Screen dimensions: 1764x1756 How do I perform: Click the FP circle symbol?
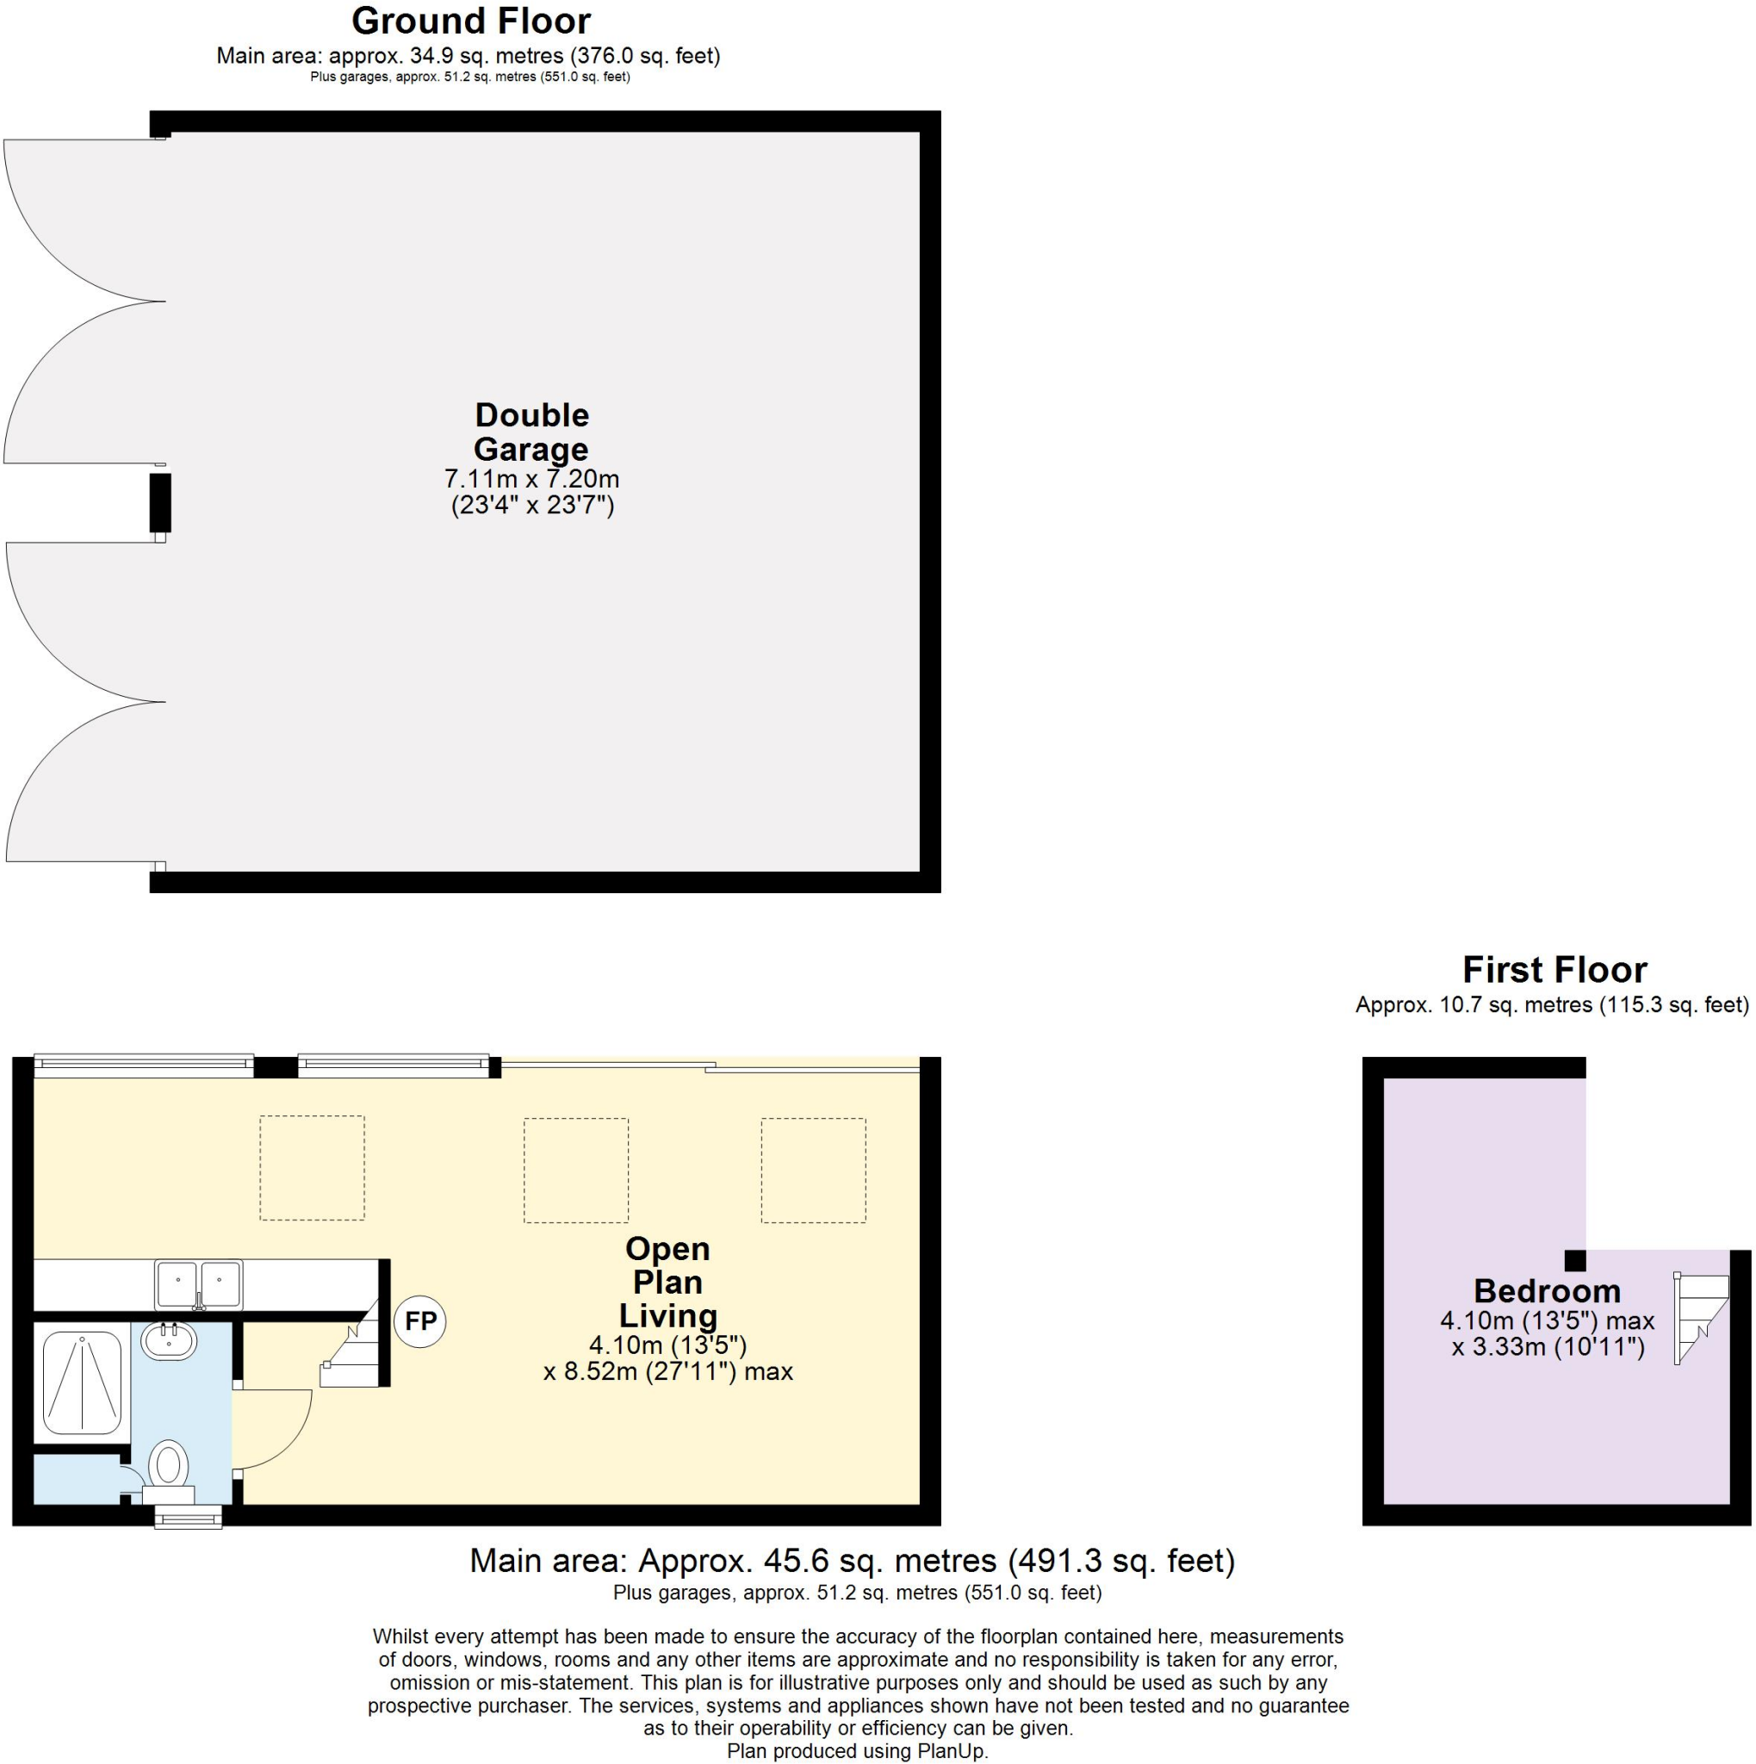pyautogui.click(x=419, y=1321)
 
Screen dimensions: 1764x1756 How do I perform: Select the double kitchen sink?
pyautogui.click(x=199, y=1284)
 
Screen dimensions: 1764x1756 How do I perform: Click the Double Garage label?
pyautogui.click(x=531, y=432)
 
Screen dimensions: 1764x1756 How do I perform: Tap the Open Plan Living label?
pyautogui.click(x=667, y=1282)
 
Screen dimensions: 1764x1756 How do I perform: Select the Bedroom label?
pyautogui.click(x=1547, y=1291)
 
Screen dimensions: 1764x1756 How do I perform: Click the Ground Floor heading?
pyautogui.click(x=471, y=21)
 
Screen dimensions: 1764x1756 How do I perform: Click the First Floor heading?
pyautogui.click(x=1554, y=970)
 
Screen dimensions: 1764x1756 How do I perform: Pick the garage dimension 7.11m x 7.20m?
pyautogui.click(x=531, y=478)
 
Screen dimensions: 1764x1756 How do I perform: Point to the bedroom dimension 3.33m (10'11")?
pyautogui.click(x=1548, y=1348)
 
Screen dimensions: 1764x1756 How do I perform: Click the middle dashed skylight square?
pyautogui.click(x=576, y=1171)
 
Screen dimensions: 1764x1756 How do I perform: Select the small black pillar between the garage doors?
pyautogui.click(x=161, y=502)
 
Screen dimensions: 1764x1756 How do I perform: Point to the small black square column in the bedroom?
pyautogui.click(x=1575, y=1261)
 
